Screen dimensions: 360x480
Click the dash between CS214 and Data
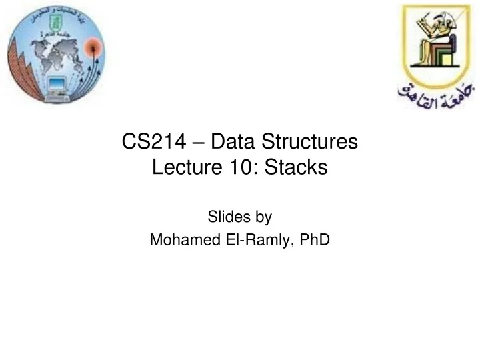(194, 143)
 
